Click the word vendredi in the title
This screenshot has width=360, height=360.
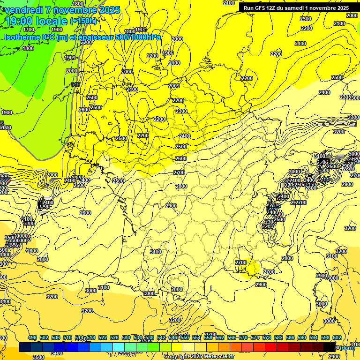(x=23, y=9)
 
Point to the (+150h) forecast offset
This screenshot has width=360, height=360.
(x=83, y=21)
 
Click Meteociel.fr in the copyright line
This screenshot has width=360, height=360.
(x=215, y=357)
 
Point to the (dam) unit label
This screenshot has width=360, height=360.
(x=346, y=347)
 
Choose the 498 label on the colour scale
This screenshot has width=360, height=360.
(x=32, y=338)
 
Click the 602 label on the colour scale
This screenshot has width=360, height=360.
(x=337, y=338)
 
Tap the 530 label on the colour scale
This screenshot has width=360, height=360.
(x=126, y=338)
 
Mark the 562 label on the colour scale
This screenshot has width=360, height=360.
(x=220, y=338)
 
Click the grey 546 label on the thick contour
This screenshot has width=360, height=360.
(x=75, y=84)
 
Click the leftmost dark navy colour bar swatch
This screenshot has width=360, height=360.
(x=25, y=347)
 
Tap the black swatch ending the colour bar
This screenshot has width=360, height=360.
(x=330, y=347)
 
